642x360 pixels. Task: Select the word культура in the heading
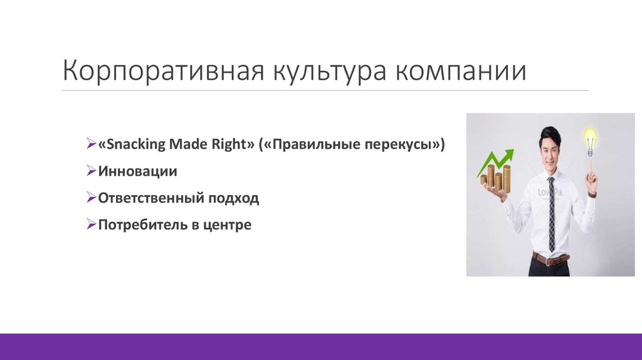coord(326,71)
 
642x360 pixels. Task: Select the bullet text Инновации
coord(137,171)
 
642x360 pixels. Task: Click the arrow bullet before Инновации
coord(91,171)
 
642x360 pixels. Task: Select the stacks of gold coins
coord(497,178)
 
